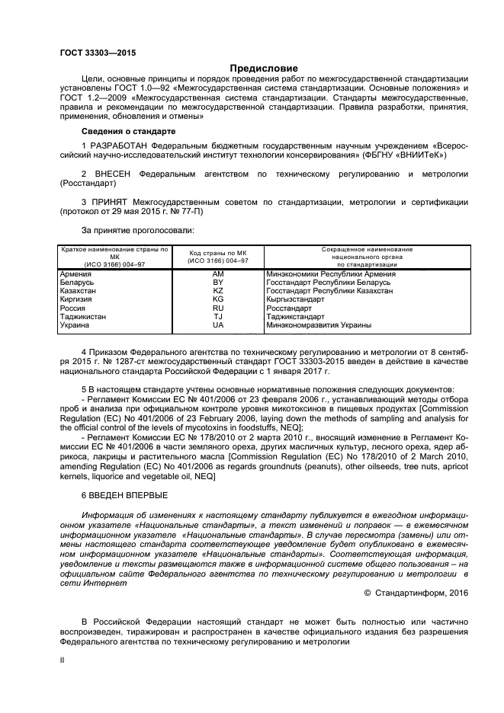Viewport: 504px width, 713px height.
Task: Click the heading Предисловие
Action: tap(252, 67)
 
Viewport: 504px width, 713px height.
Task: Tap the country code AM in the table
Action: tap(217, 273)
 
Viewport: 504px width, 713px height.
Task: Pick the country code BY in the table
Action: tap(217, 282)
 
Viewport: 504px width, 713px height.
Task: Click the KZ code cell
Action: tap(217, 291)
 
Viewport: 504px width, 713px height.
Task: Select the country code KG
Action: tap(217, 299)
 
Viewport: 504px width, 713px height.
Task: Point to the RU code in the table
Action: tap(217, 308)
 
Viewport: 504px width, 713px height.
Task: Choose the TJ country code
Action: tap(217, 316)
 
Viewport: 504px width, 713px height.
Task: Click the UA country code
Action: tap(217, 325)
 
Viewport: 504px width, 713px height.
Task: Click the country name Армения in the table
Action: tap(76, 273)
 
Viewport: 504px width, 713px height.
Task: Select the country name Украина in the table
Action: tap(75, 325)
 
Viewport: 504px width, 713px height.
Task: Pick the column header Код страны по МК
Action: tap(217, 253)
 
